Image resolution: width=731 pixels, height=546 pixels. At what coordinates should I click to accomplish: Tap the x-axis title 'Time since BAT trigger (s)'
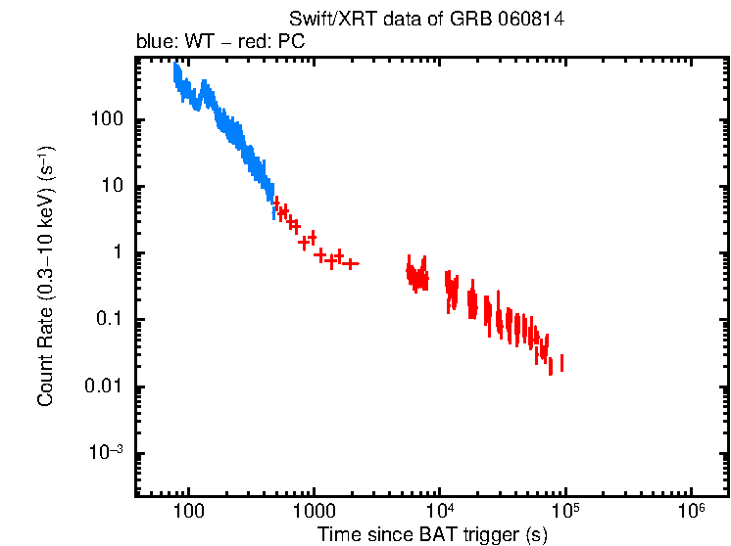[431, 534]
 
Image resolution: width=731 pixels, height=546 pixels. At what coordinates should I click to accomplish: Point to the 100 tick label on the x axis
[188, 511]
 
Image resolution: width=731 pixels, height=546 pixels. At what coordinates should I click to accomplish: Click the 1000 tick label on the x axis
[314, 511]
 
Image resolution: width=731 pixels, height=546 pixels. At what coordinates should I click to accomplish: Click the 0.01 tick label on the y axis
[102, 387]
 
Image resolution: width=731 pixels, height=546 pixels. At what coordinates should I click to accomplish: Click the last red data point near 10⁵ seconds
[561, 364]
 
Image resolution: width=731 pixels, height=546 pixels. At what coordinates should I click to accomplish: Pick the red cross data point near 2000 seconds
[351, 263]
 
